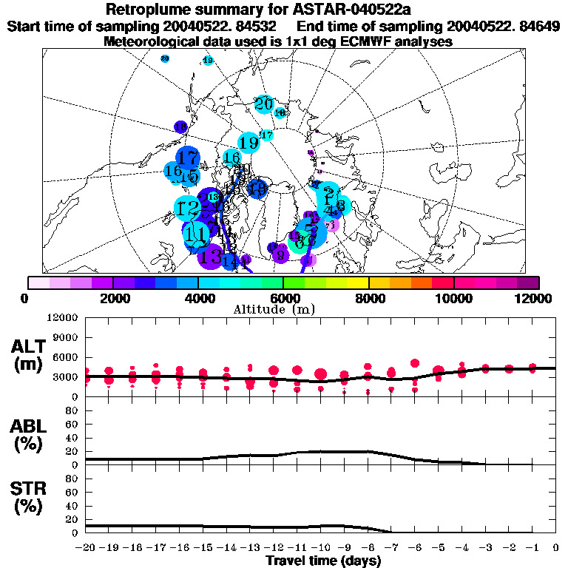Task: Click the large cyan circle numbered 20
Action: [264, 104]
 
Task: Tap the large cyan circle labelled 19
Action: [248, 143]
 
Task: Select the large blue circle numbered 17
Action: [189, 158]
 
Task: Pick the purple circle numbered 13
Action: [211, 257]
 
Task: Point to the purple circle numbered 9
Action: [280, 255]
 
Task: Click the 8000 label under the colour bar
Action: [368, 298]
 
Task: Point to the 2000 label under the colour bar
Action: [112, 298]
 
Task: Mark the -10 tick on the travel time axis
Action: [320, 547]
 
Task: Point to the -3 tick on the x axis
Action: [485, 547]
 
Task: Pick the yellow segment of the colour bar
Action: [358, 283]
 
